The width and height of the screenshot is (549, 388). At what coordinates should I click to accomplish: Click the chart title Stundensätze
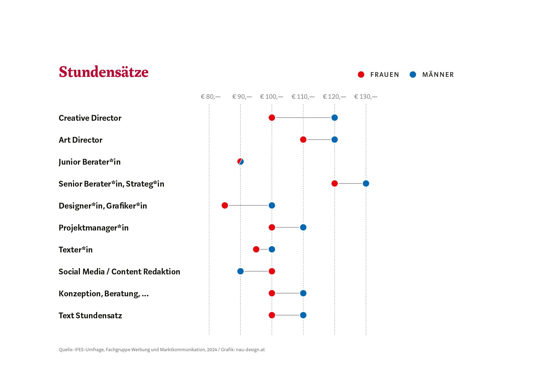(x=103, y=72)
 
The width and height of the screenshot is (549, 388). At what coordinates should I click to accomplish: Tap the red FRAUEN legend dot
(x=361, y=74)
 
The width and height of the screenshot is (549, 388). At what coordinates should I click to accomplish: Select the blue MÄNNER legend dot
(x=413, y=74)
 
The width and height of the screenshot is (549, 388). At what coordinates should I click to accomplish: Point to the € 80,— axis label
(x=211, y=97)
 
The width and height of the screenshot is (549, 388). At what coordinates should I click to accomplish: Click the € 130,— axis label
(x=366, y=97)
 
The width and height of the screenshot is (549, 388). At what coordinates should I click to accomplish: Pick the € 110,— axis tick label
(x=303, y=97)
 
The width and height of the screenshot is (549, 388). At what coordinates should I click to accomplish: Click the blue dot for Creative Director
(x=334, y=118)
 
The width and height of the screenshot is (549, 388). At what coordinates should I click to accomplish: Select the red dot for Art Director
(x=303, y=140)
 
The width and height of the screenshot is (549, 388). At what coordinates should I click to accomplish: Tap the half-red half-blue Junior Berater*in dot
(x=240, y=162)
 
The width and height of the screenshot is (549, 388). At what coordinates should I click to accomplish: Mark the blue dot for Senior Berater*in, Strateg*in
(x=366, y=184)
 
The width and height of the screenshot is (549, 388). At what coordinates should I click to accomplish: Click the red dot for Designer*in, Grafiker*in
(x=225, y=206)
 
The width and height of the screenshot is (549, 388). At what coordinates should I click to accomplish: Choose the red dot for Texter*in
(x=256, y=249)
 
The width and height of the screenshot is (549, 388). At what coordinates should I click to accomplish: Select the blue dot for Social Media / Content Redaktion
(x=240, y=271)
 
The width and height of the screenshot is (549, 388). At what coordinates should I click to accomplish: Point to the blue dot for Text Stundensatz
(x=303, y=315)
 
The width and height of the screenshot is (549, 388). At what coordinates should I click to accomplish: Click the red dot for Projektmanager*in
(x=272, y=227)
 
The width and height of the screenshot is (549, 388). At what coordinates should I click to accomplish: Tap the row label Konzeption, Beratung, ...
(x=103, y=294)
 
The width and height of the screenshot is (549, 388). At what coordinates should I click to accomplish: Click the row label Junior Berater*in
(x=89, y=162)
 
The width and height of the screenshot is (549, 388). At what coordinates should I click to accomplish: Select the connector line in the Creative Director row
(x=303, y=118)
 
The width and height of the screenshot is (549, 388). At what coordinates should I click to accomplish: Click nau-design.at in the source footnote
(x=250, y=350)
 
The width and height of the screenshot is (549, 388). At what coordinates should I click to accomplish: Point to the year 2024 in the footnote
(x=212, y=350)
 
